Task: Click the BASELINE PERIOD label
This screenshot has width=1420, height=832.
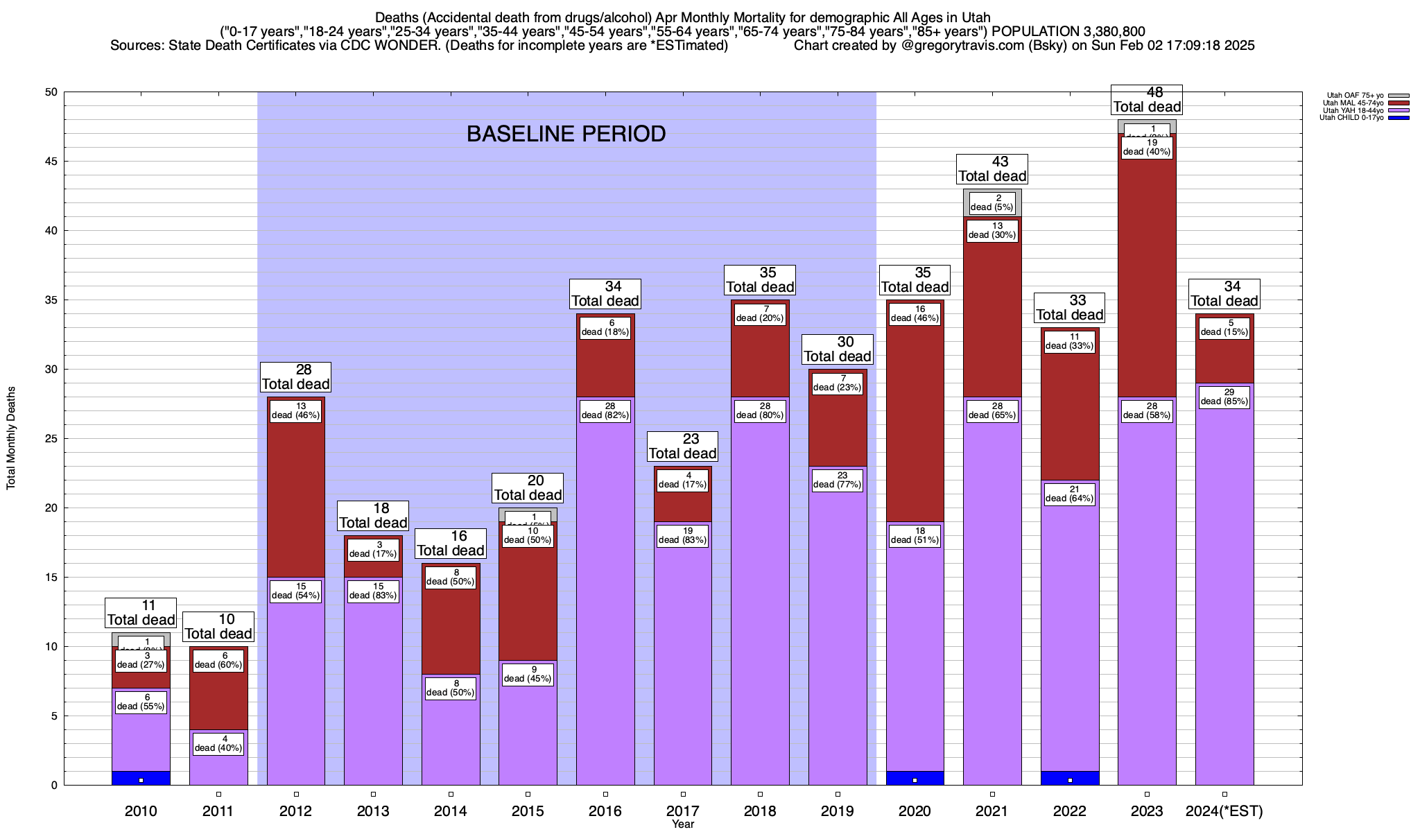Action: [x=566, y=134]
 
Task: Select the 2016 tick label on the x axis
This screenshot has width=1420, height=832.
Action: [x=605, y=811]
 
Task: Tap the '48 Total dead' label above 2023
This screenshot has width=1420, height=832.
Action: [x=1147, y=100]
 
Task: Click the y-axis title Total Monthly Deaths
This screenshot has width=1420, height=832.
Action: [x=11, y=438]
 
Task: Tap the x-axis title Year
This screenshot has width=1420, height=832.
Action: [x=683, y=824]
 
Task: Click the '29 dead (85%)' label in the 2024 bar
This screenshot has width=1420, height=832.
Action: [x=1224, y=397]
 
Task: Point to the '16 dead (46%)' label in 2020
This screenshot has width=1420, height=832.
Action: [x=915, y=314]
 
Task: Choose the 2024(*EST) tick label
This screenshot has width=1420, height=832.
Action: [x=1224, y=811]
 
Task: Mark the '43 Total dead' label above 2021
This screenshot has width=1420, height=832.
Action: [x=992, y=169]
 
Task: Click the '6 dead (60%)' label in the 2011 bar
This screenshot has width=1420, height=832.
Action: [x=218, y=661]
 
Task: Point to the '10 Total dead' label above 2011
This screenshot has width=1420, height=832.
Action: [x=218, y=627]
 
